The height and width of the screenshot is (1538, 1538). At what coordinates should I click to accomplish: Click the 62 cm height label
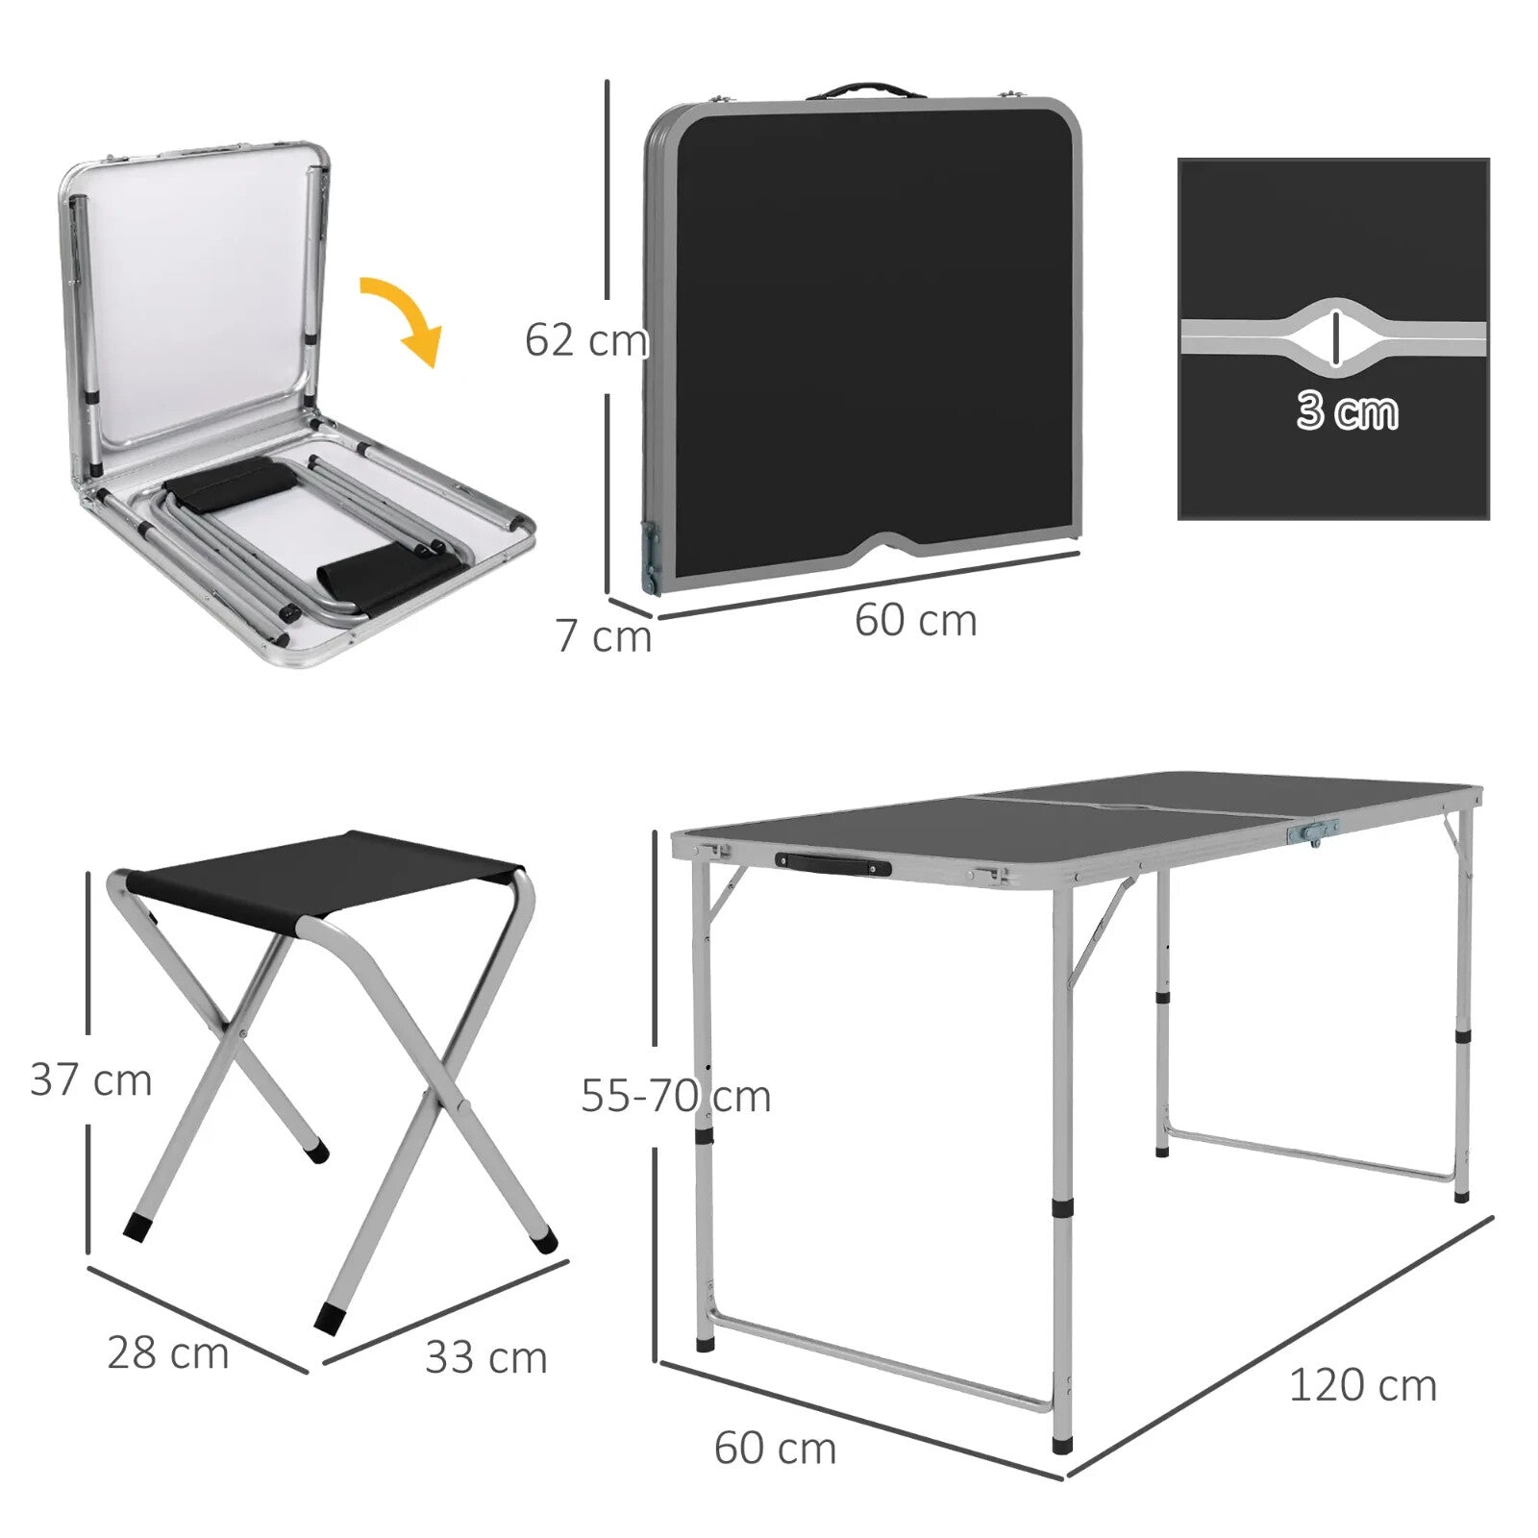click(585, 340)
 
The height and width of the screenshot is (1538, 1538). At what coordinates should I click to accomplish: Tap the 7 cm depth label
click(603, 636)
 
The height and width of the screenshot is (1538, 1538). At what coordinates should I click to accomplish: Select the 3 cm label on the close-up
click(1347, 410)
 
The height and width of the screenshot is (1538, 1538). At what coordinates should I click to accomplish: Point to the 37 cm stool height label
click(91, 1079)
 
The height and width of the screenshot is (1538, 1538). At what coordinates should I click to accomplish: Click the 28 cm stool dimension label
click(168, 1352)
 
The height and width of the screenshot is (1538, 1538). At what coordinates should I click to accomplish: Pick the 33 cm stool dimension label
click(486, 1357)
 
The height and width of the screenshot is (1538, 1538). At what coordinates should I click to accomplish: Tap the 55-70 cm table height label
click(676, 1096)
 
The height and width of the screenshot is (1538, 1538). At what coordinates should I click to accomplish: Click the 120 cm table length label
click(1362, 1385)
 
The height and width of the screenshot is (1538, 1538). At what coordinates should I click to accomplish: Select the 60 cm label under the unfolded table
click(775, 1448)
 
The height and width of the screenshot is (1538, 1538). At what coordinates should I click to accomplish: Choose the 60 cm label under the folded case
click(915, 620)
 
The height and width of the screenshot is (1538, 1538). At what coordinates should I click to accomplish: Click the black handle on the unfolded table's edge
click(832, 865)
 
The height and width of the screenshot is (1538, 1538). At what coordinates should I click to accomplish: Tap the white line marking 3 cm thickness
click(1335, 338)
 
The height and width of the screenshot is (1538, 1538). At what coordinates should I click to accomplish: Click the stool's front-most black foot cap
click(329, 1317)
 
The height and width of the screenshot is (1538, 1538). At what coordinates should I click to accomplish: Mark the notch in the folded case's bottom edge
click(889, 546)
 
